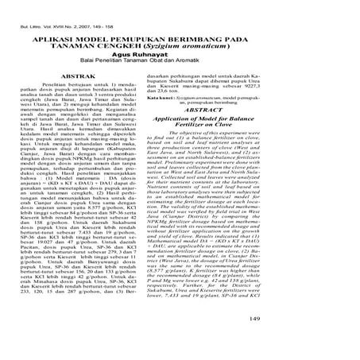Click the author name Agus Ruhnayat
coord(180,57)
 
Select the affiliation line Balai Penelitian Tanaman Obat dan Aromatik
coord(180,65)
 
